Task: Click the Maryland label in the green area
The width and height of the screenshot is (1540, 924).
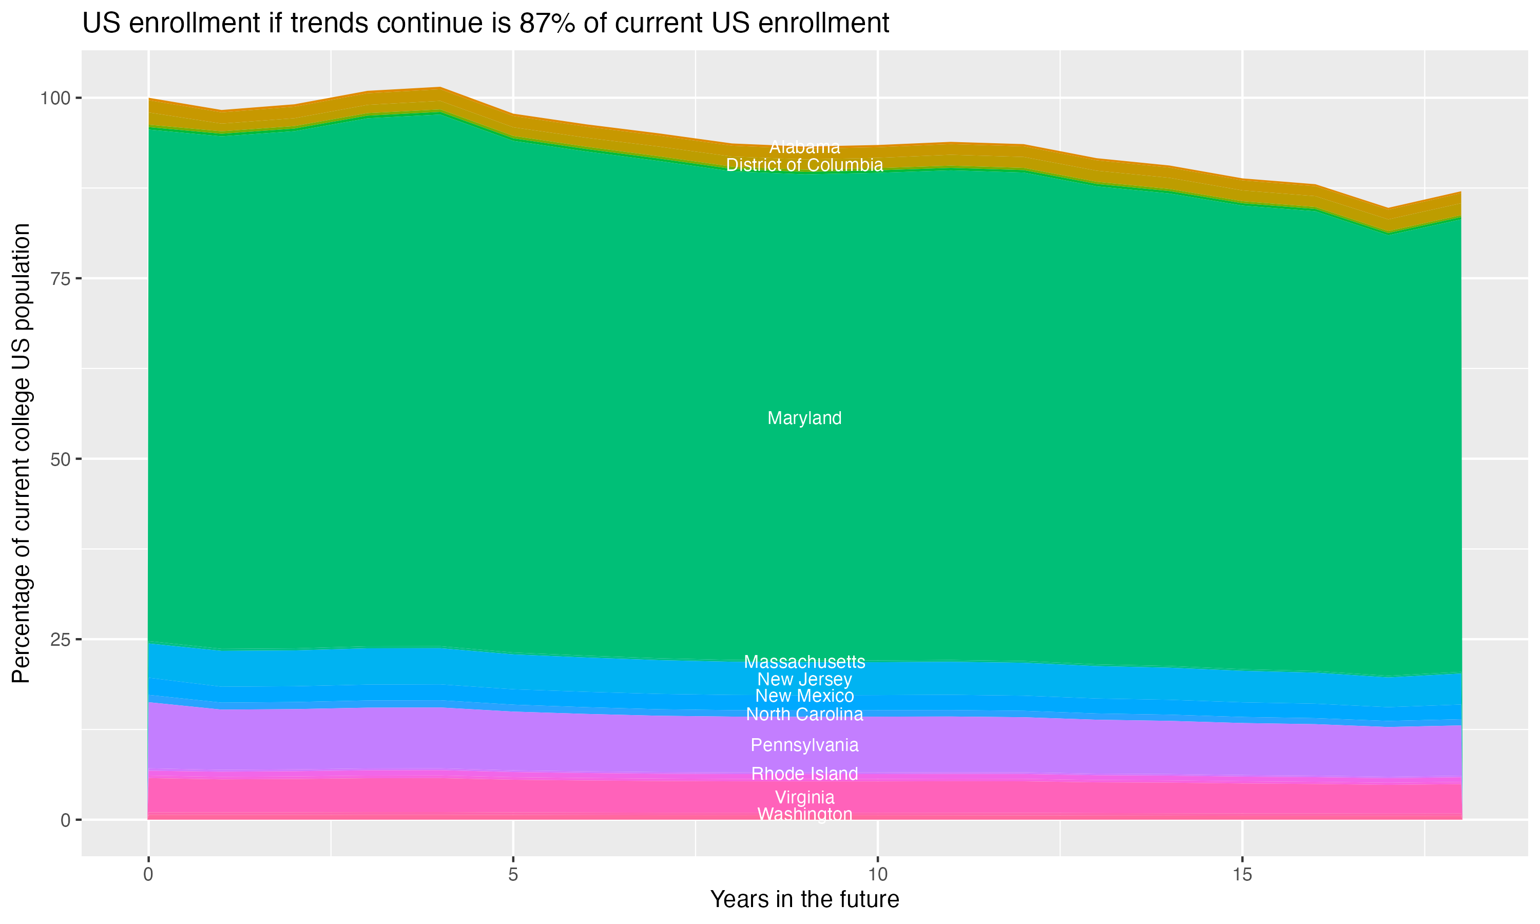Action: (x=804, y=418)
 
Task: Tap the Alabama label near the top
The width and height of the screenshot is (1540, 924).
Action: (x=804, y=147)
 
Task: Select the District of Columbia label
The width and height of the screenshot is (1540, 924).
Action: (x=804, y=165)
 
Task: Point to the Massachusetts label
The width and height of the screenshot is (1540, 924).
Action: (x=804, y=662)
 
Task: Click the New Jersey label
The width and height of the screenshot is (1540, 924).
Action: (x=804, y=679)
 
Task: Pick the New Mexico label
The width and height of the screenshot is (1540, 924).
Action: (x=804, y=696)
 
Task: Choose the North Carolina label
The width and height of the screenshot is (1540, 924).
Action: (x=804, y=714)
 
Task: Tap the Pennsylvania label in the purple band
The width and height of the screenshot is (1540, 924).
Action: (x=804, y=745)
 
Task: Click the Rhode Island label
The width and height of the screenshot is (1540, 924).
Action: (x=804, y=774)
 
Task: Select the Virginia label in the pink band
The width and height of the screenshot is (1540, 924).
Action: (x=804, y=797)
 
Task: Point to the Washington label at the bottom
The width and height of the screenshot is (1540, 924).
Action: (x=804, y=815)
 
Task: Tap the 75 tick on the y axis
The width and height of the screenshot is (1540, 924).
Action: (x=61, y=279)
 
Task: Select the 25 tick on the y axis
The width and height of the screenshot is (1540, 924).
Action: (x=61, y=640)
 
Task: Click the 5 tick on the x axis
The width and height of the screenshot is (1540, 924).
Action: (x=513, y=875)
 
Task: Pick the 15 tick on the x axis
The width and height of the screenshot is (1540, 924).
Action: (x=1242, y=875)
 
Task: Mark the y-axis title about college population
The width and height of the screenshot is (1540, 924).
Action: (x=21, y=453)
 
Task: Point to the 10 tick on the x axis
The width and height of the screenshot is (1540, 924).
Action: (x=877, y=875)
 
